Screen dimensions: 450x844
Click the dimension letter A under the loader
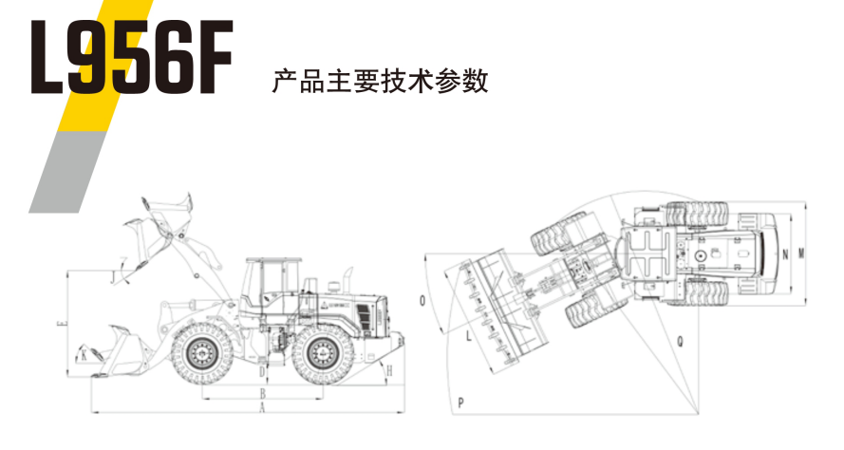[x=263, y=405]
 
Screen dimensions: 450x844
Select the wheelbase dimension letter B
[x=263, y=391]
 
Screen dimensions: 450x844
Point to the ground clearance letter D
[x=263, y=372]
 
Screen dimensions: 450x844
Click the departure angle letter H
[x=389, y=369]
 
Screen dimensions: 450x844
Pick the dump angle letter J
[x=113, y=275]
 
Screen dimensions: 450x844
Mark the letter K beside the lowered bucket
[x=84, y=355]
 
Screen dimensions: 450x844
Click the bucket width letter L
[x=468, y=334]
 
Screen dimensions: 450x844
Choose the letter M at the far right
[x=802, y=253]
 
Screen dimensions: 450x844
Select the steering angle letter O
[x=422, y=302]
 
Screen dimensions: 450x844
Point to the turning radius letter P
[x=460, y=403]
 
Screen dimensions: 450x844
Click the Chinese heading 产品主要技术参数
[x=380, y=81]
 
